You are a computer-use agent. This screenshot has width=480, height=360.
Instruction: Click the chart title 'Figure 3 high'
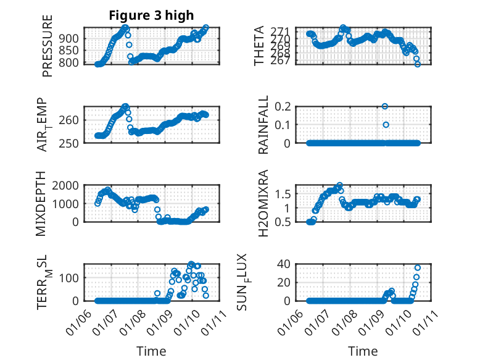151,15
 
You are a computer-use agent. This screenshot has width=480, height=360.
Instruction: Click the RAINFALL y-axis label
263,125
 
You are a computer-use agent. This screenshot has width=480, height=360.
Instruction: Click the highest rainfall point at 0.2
385,106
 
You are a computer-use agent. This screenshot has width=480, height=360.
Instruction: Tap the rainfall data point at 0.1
386,125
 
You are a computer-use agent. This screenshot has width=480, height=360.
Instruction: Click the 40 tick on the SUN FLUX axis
284,264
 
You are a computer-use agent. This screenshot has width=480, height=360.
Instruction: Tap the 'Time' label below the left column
151,351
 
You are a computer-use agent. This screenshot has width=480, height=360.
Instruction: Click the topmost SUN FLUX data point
418,267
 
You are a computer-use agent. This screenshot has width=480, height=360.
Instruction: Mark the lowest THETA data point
418,64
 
